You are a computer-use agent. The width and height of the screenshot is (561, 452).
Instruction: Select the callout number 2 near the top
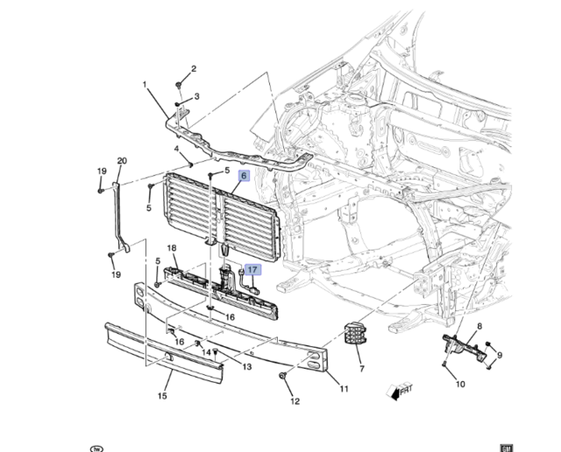[194, 68]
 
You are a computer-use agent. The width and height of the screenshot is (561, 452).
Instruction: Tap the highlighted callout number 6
[244, 175]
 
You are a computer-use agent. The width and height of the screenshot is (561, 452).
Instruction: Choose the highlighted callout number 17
[252, 271]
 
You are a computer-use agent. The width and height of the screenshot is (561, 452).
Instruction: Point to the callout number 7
[361, 358]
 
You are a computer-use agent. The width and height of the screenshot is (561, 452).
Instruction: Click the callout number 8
[479, 326]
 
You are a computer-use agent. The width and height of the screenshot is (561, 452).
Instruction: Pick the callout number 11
[344, 388]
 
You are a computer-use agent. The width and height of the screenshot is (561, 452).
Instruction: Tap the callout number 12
[295, 401]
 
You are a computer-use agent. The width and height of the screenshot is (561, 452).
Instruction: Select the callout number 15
[162, 396]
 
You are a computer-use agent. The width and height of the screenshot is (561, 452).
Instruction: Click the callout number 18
[173, 249]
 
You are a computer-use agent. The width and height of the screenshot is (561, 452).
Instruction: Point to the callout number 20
[122, 160]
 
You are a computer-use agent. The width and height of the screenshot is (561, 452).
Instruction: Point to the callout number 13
[247, 367]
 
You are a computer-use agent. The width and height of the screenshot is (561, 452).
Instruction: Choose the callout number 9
[499, 356]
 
